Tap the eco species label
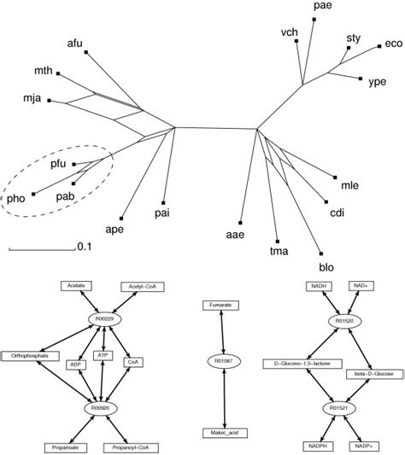tap(393, 43)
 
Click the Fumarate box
tap(220, 305)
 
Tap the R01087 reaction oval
tap(220, 362)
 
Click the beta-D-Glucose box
tap(372, 374)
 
